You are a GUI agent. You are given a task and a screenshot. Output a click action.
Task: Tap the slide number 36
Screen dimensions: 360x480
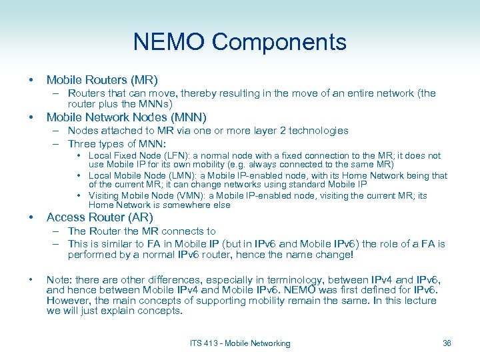(x=447, y=343)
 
